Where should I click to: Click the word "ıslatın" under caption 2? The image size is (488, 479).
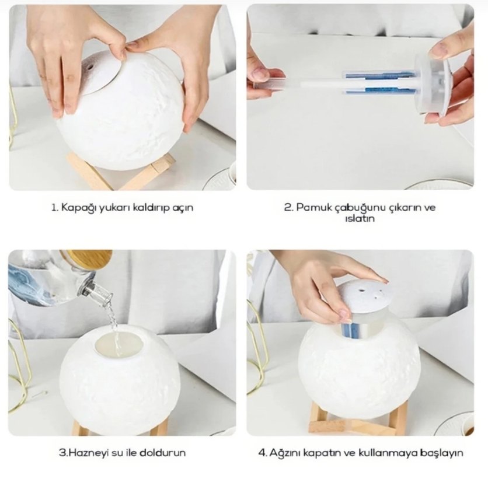[x=360, y=218]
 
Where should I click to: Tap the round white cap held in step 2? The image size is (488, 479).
[x=433, y=83]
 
